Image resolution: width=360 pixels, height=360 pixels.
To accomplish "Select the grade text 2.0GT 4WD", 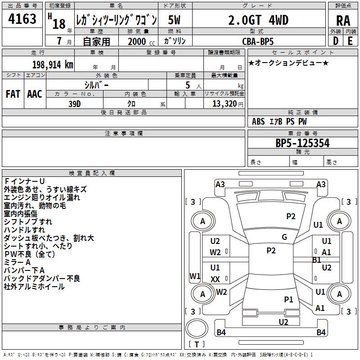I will click(258, 20).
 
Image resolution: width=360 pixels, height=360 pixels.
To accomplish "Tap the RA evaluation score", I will click(343, 21).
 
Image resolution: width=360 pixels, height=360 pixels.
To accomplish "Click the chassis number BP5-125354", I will click(302, 144).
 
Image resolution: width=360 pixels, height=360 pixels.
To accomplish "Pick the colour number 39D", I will click(75, 103).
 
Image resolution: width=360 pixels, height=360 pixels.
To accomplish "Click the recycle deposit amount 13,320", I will click(224, 103).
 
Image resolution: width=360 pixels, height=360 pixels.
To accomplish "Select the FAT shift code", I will click(13, 94).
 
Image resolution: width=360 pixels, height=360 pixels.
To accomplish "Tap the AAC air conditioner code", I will click(35, 94).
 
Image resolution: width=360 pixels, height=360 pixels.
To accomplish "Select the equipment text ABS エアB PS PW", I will click(279, 121).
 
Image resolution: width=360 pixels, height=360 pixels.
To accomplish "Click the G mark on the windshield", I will click(284, 237).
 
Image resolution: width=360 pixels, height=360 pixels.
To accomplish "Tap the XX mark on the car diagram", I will click(215, 279).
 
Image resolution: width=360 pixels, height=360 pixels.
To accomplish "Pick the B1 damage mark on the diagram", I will click(316, 260).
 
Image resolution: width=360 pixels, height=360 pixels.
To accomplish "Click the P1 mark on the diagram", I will click(288, 299).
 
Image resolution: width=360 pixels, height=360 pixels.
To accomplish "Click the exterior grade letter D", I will click(335, 41).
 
